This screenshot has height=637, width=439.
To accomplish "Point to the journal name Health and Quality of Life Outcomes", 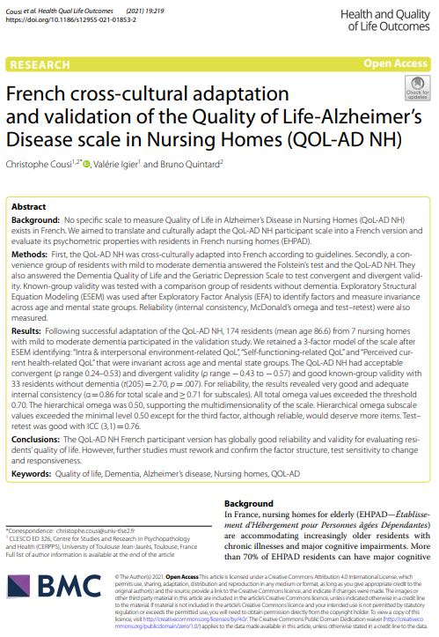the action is pos(387,16).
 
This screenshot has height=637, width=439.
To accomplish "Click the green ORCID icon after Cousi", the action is pos(88,161).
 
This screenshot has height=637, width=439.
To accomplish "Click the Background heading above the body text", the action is pos(250,502).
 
